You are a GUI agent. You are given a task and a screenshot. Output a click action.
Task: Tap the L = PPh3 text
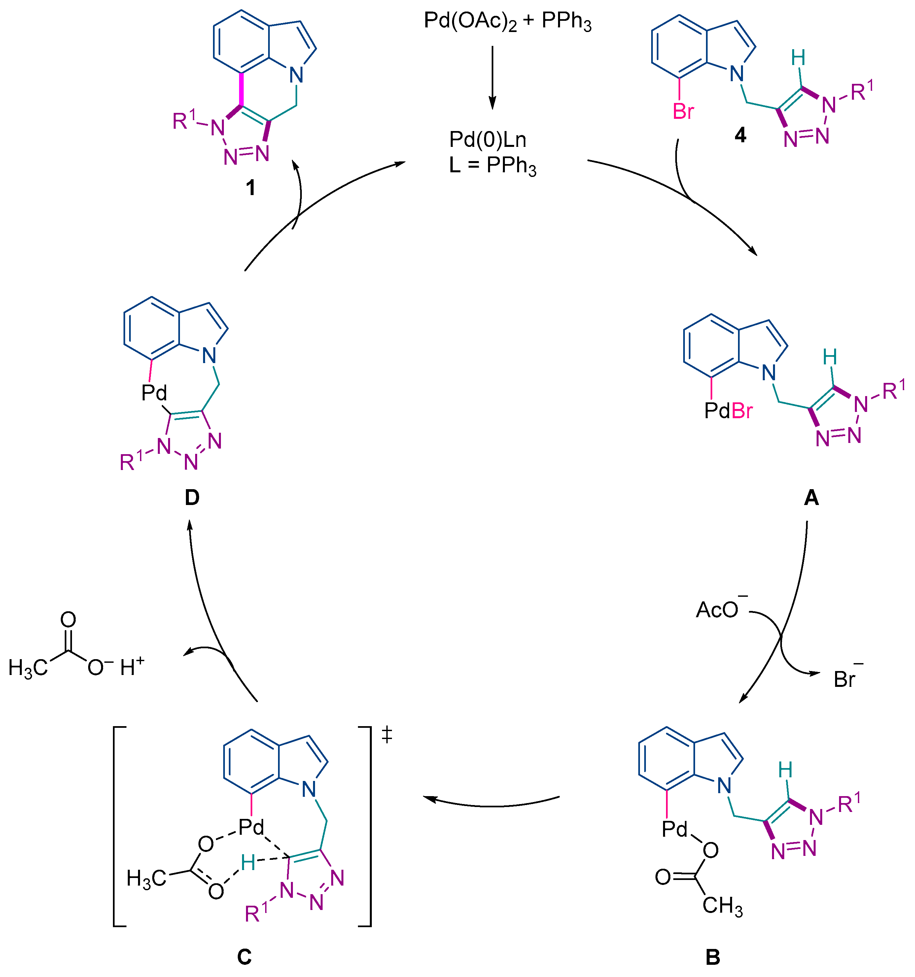coord(492,166)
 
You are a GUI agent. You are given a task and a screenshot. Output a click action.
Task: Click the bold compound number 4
coord(740,135)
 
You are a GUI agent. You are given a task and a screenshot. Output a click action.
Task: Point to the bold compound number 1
coord(250,188)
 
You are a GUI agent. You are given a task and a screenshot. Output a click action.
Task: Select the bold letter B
coord(713,957)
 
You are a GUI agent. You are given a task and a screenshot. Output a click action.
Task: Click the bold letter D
coord(192,498)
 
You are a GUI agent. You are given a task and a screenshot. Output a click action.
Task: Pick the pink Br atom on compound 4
coord(683,112)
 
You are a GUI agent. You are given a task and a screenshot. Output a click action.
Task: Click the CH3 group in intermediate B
coord(722,905)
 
